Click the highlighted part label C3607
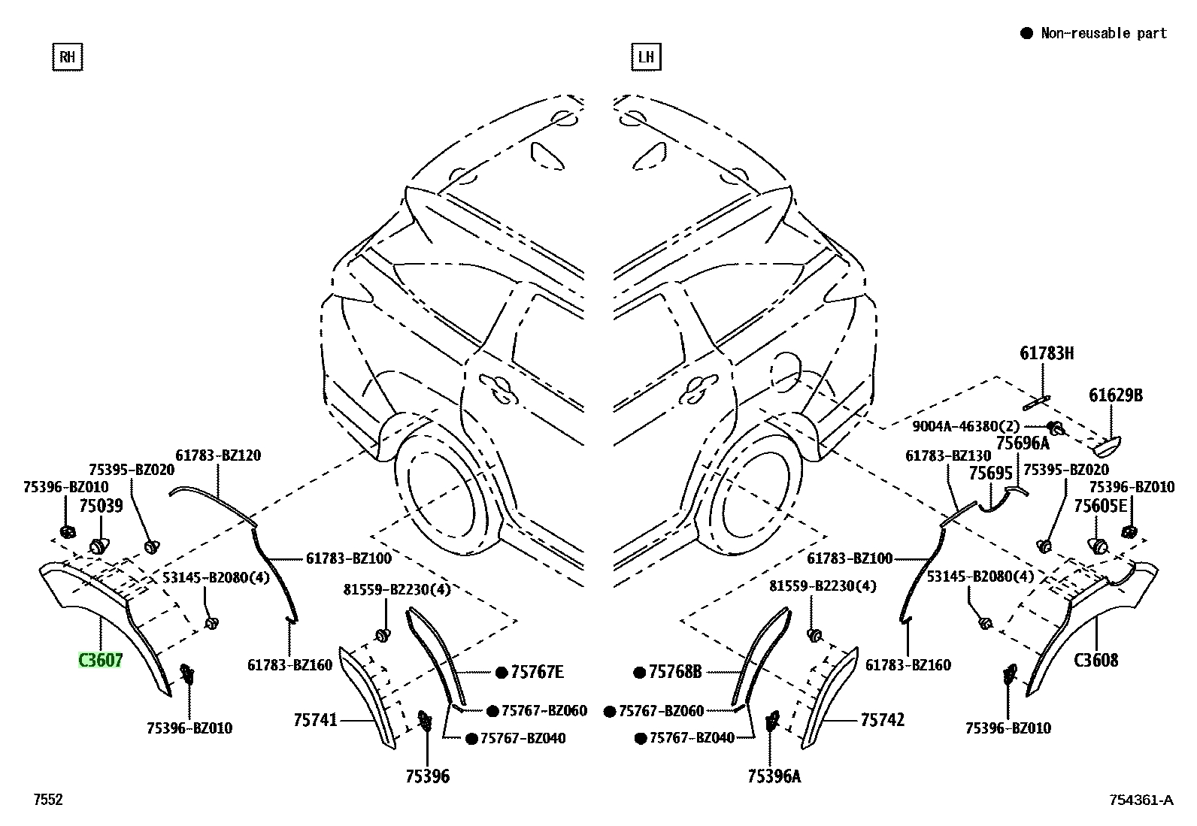pyautogui.click(x=101, y=661)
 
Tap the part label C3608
pyautogui.click(x=1095, y=661)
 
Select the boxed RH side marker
pyautogui.click(x=68, y=56)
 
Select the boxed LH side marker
pyautogui.click(x=646, y=56)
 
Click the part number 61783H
pyautogui.click(x=1047, y=353)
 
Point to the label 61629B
pyautogui.click(x=1116, y=395)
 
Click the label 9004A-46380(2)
pyautogui.click(x=965, y=426)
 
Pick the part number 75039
pyautogui.click(x=101, y=505)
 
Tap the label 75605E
pyautogui.click(x=1100, y=505)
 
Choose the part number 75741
pyautogui.click(x=315, y=720)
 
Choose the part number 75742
pyautogui.click(x=882, y=720)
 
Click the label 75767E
pyautogui.click(x=537, y=672)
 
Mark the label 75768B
pyautogui.click(x=675, y=672)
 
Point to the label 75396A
pyautogui.click(x=774, y=776)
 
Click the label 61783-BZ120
pyautogui.click(x=218, y=455)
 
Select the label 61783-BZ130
pyautogui.click(x=948, y=455)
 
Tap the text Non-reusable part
pyautogui.click(x=1104, y=33)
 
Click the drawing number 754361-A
pyautogui.click(x=1141, y=800)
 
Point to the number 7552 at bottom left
pyautogui.click(x=48, y=799)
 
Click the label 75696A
pyautogui.click(x=1023, y=443)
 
